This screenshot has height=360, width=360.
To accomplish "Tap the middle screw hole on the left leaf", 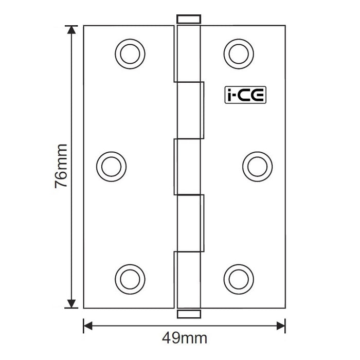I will pyautogui.click(x=112, y=166).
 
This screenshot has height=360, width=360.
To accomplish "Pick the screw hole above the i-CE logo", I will pyautogui.click(x=239, y=52).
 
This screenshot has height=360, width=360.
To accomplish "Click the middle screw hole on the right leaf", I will pyautogui.click(x=256, y=166).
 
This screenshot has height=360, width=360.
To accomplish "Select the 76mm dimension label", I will pyautogui.click(x=61, y=166).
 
